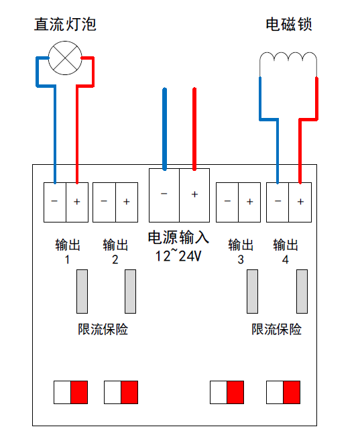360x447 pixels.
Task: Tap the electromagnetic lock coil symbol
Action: (x=288, y=56)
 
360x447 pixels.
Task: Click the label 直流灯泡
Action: (x=65, y=24)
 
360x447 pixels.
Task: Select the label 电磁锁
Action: (x=289, y=24)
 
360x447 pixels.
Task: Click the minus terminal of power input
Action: (x=164, y=195)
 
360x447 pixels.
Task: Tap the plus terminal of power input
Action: (x=194, y=195)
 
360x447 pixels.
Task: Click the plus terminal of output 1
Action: (x=77, y=202)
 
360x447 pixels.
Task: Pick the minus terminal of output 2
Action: (x=104, y=202)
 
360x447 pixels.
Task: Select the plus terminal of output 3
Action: (x=249, y=202)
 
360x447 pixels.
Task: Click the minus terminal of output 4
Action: (x=278, y=202)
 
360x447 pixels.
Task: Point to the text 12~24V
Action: (x=178, y=255)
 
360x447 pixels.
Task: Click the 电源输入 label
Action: (x=178, y=237)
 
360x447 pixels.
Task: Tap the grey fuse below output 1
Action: (x=82, y=292)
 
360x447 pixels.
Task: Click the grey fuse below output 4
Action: (x=302, y=292)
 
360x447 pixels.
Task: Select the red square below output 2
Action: (x=129, y=392)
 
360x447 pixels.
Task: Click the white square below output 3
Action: (x=219, y=392)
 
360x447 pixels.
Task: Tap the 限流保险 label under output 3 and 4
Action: (x=276, y=329)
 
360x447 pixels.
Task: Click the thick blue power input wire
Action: (x=164, y=129)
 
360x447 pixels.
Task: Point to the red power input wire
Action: (x=194, y=129)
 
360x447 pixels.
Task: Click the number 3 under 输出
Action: (x=241, y=260)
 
